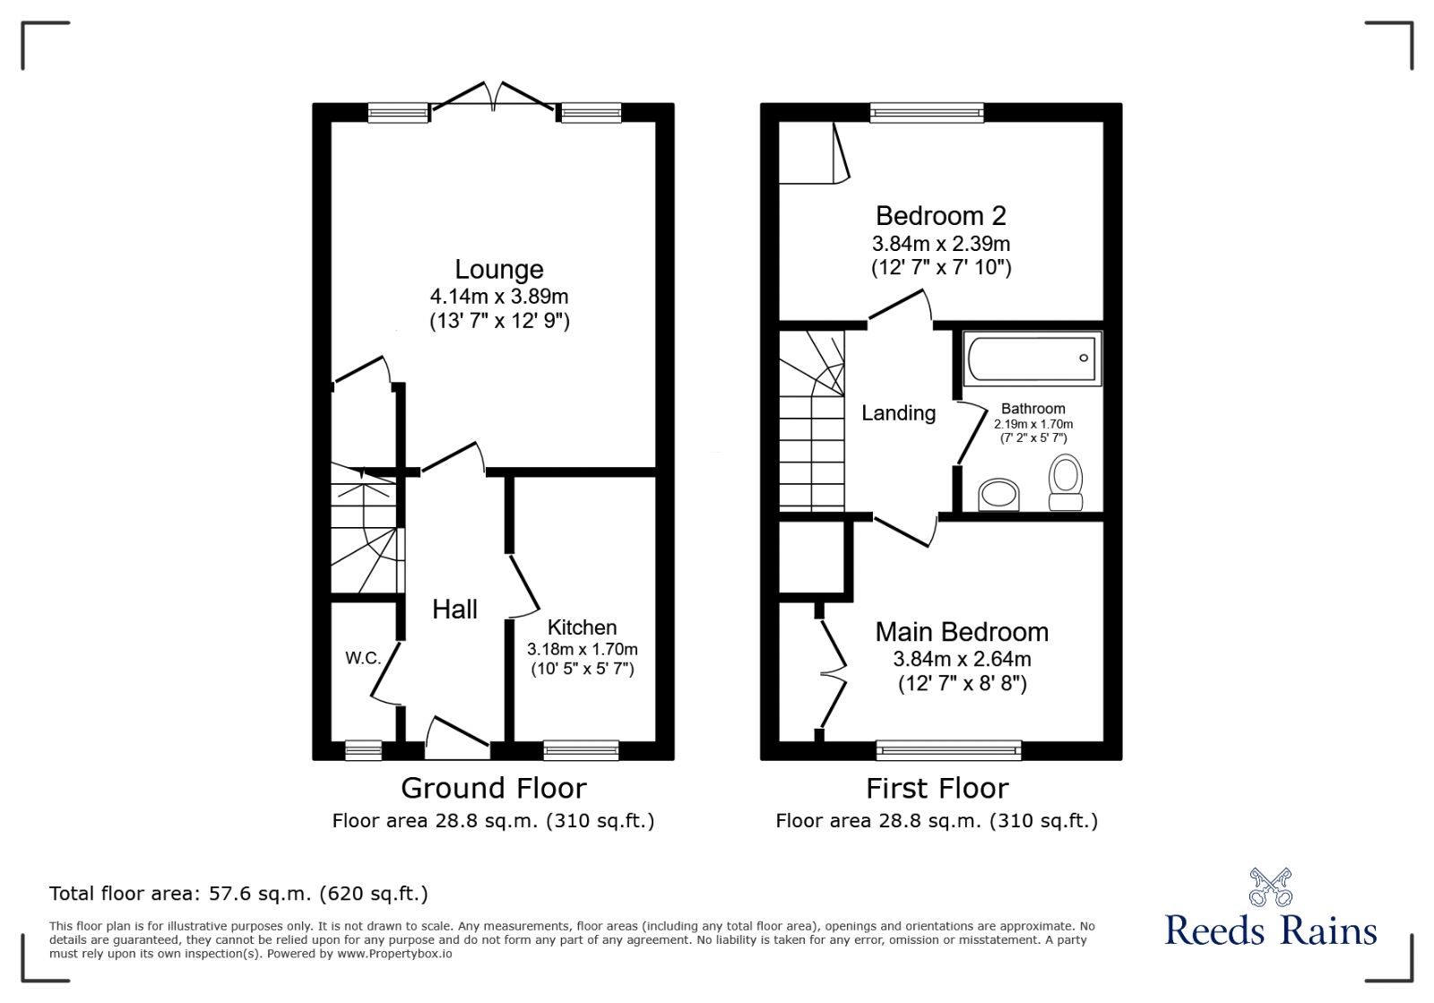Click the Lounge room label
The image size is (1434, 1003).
click(x=498, y=269)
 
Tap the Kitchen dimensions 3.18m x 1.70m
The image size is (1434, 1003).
click(x=582, y=649)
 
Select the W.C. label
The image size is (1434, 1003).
click(x=363, y=658)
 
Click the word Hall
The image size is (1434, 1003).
click(x=454, y=610)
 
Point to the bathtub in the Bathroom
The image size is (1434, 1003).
click(x=1032, y=359)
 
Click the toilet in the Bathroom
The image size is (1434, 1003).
click(x=1066, y=482)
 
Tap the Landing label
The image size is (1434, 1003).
click(x=898, y=413)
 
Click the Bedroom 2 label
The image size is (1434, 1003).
click(x=940, y=216)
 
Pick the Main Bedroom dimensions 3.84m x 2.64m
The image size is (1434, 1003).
click(x=962, y=659)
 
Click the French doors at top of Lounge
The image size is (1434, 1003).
click(x=493, y=97)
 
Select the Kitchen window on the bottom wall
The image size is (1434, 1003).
click(x=581, y=749)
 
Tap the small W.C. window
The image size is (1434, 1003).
click(x=363, y=749)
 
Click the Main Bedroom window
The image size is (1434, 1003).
click(x=948, y=749)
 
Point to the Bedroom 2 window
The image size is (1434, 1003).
click(x=926, y=112)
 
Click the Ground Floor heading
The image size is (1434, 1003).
click(x=493, y=788)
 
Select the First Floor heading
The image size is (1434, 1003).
click(x=937, y=788)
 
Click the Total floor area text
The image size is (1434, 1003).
click(x=238, y=894)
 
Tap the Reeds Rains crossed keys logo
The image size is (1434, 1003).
click(x=1270, y=887)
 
